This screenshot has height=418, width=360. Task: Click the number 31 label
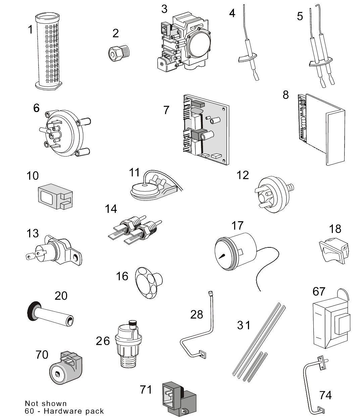[244, 324]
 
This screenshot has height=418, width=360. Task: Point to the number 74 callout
[325, 395]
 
